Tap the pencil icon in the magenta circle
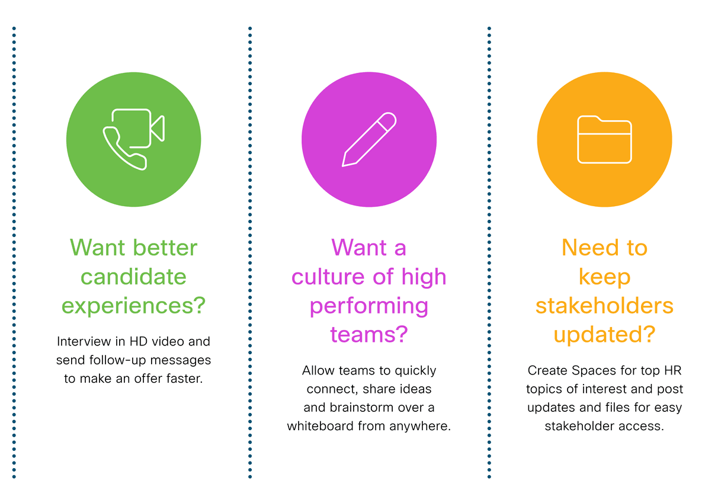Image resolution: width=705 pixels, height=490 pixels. pyautogui.click(x=369, y=139)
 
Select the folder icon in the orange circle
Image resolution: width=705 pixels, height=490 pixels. pyautogui.click(x=604, y=139)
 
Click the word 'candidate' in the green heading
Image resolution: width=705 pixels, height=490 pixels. pyautogui.click(x=133, y=277)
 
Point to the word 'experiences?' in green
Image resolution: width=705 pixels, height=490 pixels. pyautogui.click(x=133, y=306)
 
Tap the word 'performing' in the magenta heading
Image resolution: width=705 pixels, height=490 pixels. pyautogui.click(x=369, y=306)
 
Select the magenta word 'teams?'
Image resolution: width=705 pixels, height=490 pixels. pyautogui.click(x=369, y=335)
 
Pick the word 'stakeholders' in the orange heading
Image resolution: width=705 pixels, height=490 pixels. pyautogui.click(x=604, y=306)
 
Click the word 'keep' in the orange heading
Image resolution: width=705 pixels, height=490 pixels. pyautogui.click(x=604, y=277)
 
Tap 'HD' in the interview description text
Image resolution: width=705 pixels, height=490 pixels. pyautogui.click(x=139, y=342)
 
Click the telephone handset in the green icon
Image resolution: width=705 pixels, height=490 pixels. pyautogui.click(x=124, y=148)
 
